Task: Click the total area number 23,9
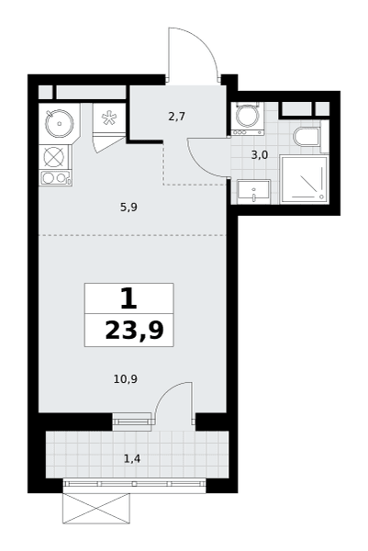[134, 331]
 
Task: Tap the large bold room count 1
[128, 298]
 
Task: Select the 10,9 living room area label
[125, 378]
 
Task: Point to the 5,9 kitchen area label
[128, 208]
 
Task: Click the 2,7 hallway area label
[176, 116]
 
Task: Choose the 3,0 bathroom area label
[260, 154]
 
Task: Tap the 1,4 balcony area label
[132, 458]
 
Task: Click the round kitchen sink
[60, 123]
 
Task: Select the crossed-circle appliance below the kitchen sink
[54, 157]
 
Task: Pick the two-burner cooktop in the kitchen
[56, 178]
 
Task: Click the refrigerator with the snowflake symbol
[109, 118]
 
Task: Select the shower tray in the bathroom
[304, 180]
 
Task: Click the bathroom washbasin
[253, 192]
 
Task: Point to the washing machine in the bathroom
[248, 118]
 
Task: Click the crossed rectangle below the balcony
[95, 508]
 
